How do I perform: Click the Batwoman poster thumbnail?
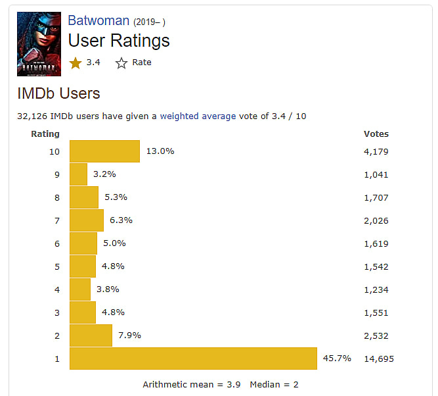tap(39, 44)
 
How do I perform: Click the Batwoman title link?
tap(99, 21)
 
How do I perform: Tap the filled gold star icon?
tap(76, 62)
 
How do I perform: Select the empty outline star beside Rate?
tap(121, 62)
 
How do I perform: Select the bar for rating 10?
tap(104, 151)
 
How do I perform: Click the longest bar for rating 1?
tap(193, 359)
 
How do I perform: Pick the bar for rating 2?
tap(91, 335)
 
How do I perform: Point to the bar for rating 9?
tap(78, 174)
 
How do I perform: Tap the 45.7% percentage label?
tap(337, 359)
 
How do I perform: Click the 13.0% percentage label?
tap(160, 151)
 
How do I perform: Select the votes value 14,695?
tap(379, 359)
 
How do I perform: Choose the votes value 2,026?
tap(376, 220)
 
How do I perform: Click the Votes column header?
tap(376, 134)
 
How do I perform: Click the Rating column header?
tap(45, 134)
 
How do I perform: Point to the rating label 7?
tap(56, 220)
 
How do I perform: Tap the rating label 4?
tap(56, 289)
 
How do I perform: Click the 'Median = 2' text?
tap(274, 384)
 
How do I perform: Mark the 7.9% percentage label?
tap(130, 335)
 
